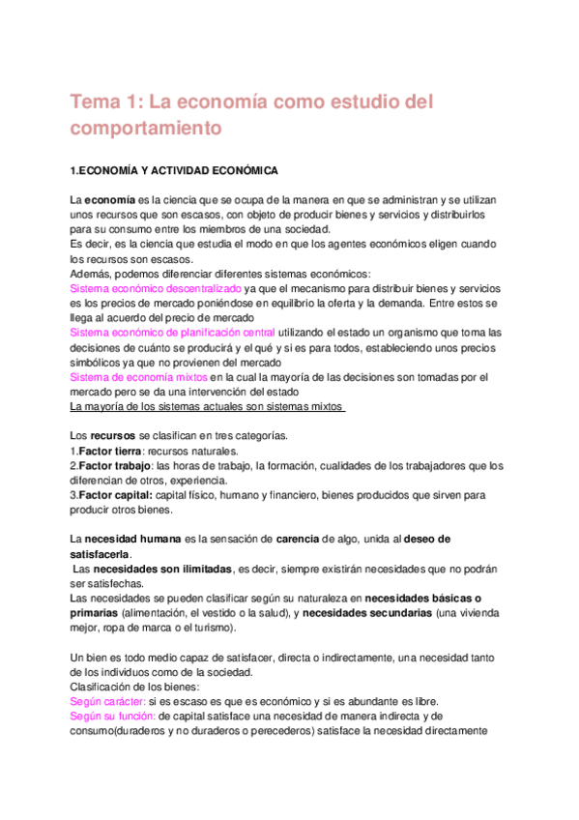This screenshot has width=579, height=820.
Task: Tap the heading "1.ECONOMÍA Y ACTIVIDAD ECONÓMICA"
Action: [x=174, y=171]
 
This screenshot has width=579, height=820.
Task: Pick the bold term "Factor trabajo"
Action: [x=113, y=466]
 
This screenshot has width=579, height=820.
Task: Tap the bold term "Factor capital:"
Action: [x=117, y=495]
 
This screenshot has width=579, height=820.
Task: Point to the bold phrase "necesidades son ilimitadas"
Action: [x=152, y=569]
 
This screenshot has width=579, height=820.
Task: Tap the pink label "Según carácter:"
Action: [x=107, y=701]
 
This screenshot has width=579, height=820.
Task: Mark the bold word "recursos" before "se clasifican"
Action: [x=114, y=435]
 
